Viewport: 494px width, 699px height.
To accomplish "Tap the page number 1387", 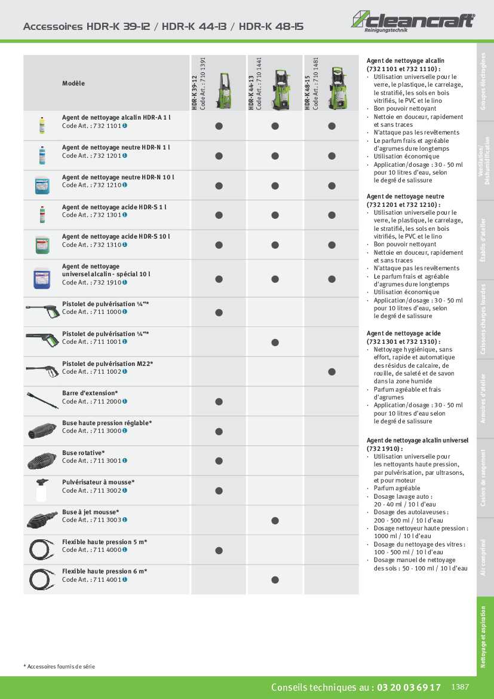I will [x=461, y=687].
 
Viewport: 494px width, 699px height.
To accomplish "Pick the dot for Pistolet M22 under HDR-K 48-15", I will [x=332, y=371].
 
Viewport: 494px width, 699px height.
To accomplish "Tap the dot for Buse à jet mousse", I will [x=275, y=520].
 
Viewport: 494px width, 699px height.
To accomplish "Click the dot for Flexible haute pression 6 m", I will [x=275, y=579].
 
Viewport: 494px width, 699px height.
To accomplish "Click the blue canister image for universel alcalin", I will [x=42, y=277].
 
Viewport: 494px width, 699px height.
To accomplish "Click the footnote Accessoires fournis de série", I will [x=60, y=666].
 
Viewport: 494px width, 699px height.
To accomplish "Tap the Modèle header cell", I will [x=73, y=83].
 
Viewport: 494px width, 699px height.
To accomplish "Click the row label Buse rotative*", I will [x=83, y=453].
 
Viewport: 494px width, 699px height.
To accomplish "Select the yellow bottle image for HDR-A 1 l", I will [x=42, y=125].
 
